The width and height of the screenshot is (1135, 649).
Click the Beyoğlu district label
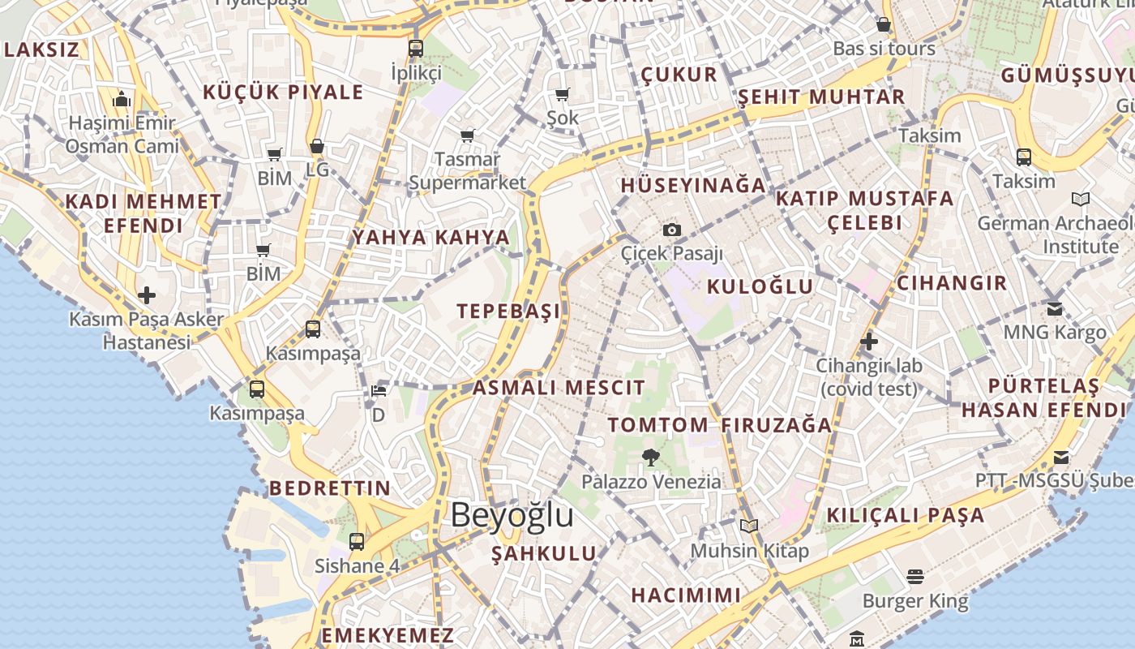pyautogui.click(x=512, y=515)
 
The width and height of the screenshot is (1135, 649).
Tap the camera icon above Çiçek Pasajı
pyautogui.click(x=672, y=230)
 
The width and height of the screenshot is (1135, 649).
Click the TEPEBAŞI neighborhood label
pyautogui.click(x=508, y=311)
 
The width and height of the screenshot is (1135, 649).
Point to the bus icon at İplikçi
pyautogui.click(x=416, y=49)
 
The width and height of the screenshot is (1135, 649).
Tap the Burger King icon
pyautogui.click(x=915, y=577)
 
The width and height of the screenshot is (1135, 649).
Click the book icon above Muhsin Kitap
pyautogui.click(x=749, y=527)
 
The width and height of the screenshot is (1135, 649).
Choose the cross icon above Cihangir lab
pyautogui.click(x=868, y=342)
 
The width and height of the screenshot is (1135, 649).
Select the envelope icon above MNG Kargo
pyautogui.click(x=1054, y=308)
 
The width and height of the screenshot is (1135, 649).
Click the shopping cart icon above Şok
pyautogui.click(x=562, y=94)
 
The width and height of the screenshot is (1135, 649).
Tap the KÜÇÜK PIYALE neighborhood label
pyautogui.click(x=283, y=92)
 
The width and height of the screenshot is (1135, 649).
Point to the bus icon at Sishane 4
pyautogui.click(x=357, y=541)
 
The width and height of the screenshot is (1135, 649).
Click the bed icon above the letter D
pyautogui.click(x=378, y=391)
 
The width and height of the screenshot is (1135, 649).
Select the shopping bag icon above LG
pyautogui.click(x=317, y=147)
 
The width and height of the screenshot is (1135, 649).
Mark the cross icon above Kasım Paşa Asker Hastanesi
pyautogui.click(x=146, y=294)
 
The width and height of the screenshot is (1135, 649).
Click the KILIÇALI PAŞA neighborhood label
pyautogui.click(x=905, y=515)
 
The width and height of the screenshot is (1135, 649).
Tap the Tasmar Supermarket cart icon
pyautogui.click(x=467, y=135)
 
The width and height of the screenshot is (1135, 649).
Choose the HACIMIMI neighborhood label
pyautogui.click(x=686, y=595)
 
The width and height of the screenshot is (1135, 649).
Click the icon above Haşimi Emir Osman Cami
pyautogui.click(x=122, y=100)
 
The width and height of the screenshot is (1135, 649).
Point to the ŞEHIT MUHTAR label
pyautogui.click(x=820, y=97)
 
